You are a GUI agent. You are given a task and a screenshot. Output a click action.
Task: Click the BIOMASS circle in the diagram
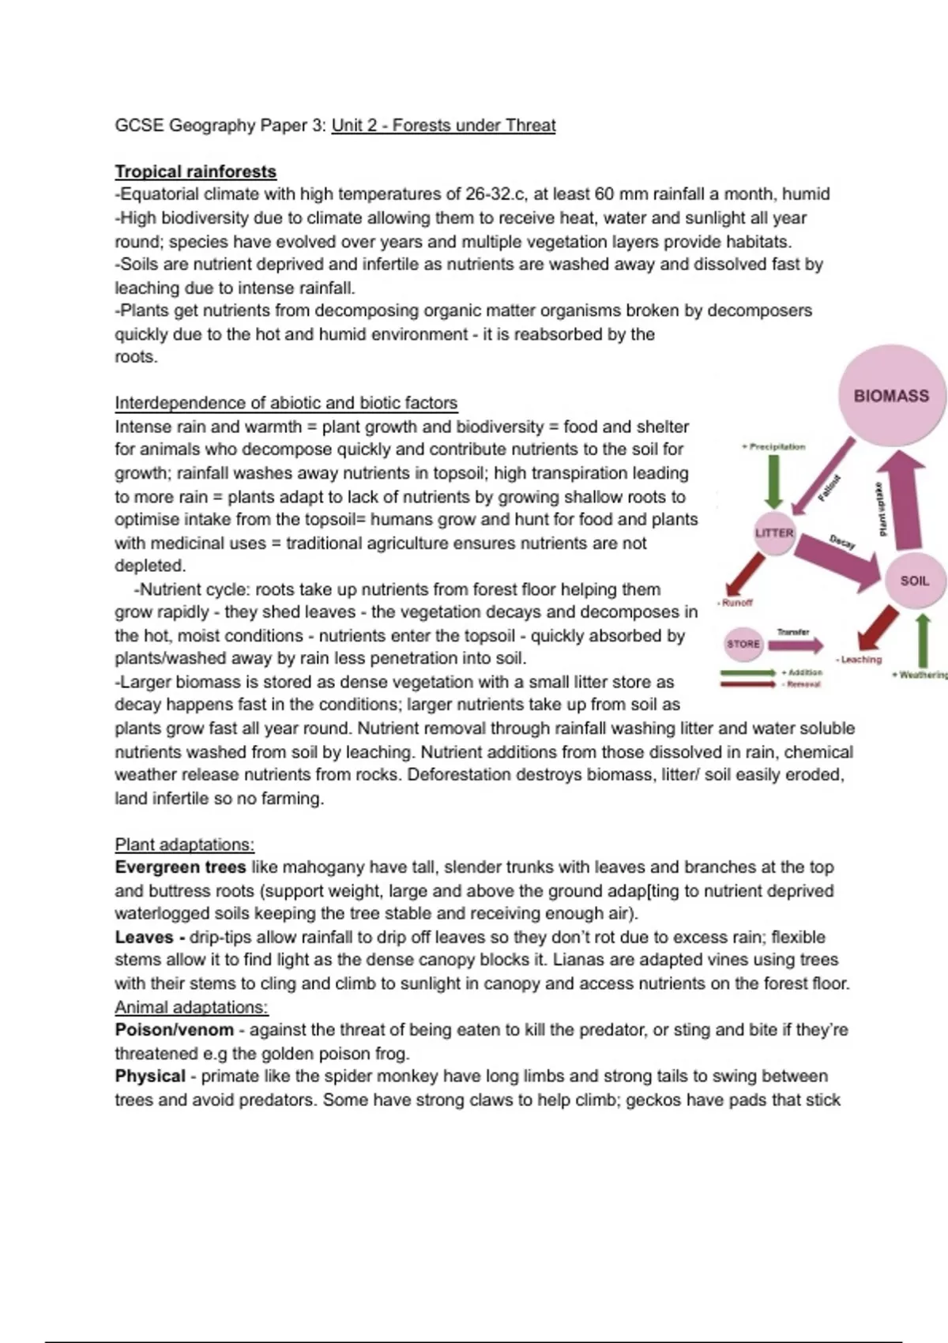(x=890, y=395)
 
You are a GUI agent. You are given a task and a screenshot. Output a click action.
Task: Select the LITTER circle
(x=774, y=533)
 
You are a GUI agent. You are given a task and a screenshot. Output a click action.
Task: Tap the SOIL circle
(x=915, y=581)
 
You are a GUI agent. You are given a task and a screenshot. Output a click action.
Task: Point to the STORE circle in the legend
(x=743, y=644)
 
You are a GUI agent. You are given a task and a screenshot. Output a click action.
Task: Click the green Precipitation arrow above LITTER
(x=774, y=482)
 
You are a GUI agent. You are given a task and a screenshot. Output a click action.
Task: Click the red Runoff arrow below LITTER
(x=744, y=574)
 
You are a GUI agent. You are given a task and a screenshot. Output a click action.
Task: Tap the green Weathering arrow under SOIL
(x=922, y=641)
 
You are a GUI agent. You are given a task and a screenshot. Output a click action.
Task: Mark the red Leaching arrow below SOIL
(x=877, y=628)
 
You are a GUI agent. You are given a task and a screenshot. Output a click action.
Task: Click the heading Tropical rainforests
(x=195, y=171)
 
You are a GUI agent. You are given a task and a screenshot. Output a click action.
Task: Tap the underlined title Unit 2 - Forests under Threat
(x=443, y=125)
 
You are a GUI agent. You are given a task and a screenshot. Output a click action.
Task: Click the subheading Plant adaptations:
(x=184, y=845)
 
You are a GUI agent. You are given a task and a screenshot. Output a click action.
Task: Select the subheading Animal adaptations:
(x=191, y=1007)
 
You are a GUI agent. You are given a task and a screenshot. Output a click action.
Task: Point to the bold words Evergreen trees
(x=180, y=867)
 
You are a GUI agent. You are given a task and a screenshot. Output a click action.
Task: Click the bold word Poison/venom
(x=174, y=1030)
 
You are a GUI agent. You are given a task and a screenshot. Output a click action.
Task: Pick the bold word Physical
(x=150, y=1076)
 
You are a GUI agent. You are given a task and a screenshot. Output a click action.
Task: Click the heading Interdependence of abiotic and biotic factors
(x=286, y=403)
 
